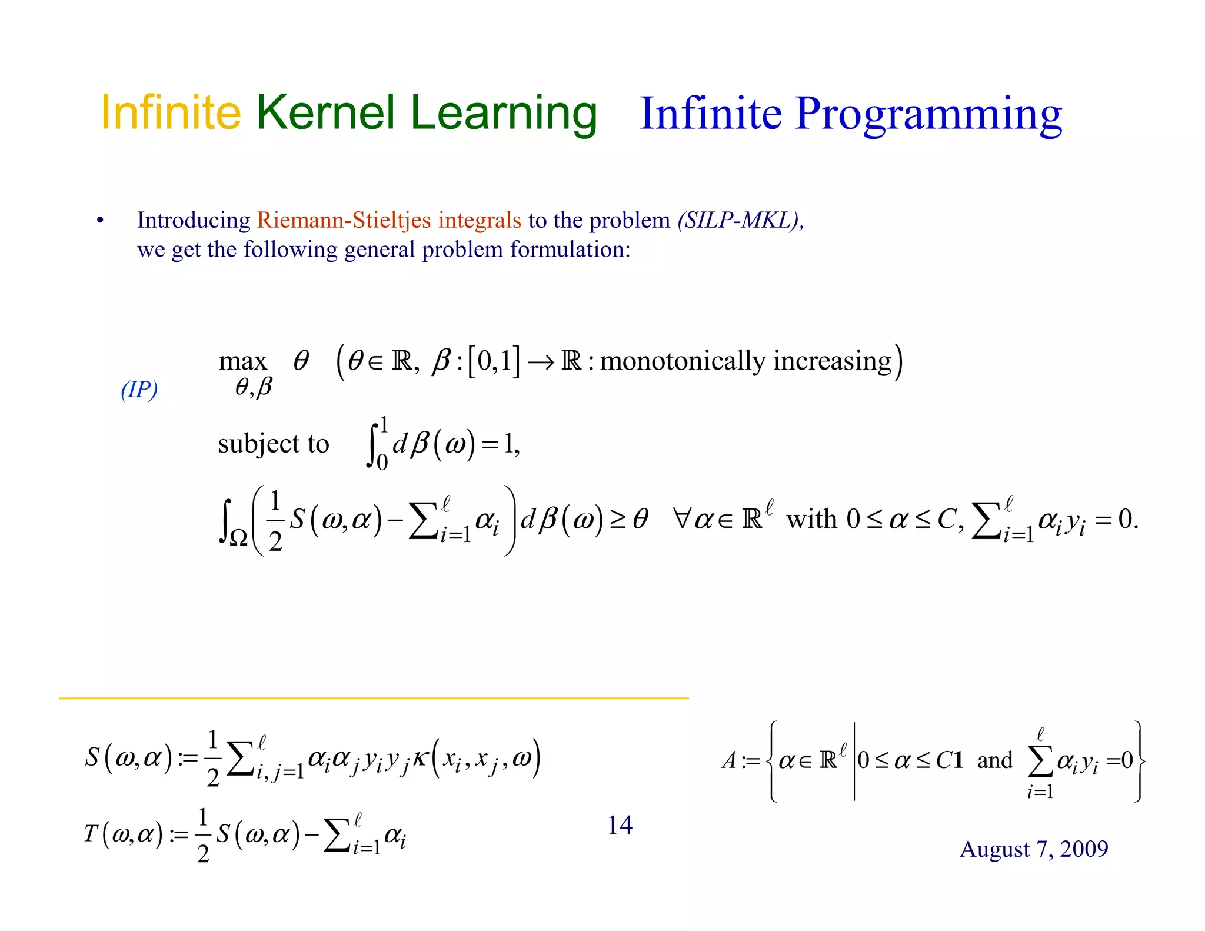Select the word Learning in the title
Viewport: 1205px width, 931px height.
tap(504, 113)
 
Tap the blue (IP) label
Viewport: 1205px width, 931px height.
tap(139, 389)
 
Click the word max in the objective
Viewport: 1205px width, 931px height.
tap(242, 361)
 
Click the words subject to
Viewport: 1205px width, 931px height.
tap(273, 443)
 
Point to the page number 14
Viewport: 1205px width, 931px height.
tap(620, 825)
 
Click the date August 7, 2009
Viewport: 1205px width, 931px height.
tap(1034, 849)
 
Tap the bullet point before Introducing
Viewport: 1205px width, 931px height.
tap(101, 221)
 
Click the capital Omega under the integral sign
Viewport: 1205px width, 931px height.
tap(238, 537)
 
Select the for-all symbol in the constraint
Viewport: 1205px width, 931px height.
tap(682, 519)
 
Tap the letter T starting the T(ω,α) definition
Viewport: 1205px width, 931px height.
tap(91, 833)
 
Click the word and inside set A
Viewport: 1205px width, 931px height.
tap(995, 760)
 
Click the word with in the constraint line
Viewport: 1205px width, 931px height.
tap(811, 519)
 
